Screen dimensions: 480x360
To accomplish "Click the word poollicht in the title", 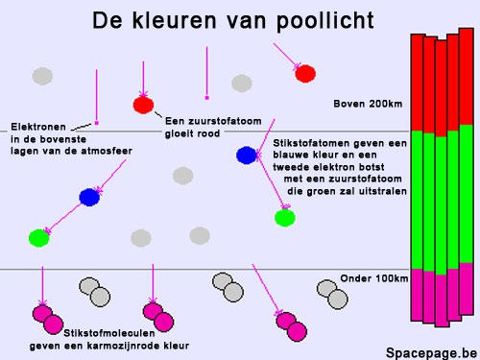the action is pyautogui.click(x=324, y=21).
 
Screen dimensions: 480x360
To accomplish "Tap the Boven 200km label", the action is pyautogui.click(x=368, y=104).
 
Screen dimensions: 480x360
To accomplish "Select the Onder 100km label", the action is pyautogui.click(x=374, y=278).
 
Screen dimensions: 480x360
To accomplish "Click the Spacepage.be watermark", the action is pyautogui.click(x=431, y=353).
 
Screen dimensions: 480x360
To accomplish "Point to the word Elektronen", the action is pyautogui.click(x=38, y=127).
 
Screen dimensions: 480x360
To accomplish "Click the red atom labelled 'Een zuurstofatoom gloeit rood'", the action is pyautogui.click(x=143, y=105).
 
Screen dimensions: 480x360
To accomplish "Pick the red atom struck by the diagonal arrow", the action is pyautogui.click(x=305, y=74).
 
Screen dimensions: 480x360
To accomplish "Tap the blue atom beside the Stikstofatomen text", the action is pyautogui.click(x=247, y=156).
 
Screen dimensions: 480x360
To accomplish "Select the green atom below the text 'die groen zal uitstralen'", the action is pyautogui.click(x=285, y=218).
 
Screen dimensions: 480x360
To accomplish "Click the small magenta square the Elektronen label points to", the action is pyautogui.click(x=97, y=123).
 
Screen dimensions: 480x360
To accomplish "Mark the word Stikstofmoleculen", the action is pyautogui.click(x=109, y=333).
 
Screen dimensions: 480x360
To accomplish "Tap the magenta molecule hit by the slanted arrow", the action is pyautogui.click(x=291, y=326).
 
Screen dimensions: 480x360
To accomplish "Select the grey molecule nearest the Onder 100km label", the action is pyautogui.click(x=332, y=295).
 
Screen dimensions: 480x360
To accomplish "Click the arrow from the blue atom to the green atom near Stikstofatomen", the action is pyautogui.click(x=271, y=182).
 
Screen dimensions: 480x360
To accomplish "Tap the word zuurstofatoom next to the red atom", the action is pyautogui.click(x=225, y=121).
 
